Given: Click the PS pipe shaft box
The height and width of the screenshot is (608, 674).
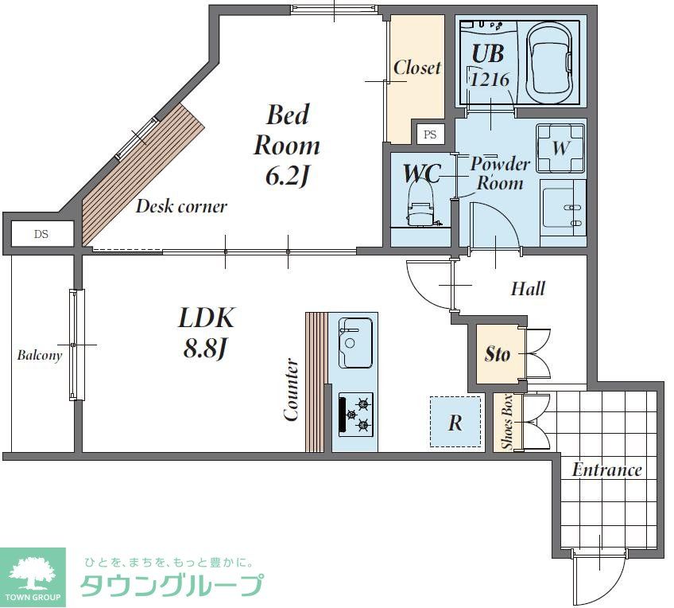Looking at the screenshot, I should tap(430, 134).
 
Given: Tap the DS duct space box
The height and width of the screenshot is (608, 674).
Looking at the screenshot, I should tap(41, 234).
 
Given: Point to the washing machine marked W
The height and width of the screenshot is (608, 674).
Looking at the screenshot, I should tap(560, 148).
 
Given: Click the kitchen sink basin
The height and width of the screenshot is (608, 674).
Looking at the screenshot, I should tap(355, 342).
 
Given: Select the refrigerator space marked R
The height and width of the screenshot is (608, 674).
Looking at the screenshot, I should tap(455, 423).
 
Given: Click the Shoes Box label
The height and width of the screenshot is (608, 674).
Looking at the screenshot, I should tap(507, 423).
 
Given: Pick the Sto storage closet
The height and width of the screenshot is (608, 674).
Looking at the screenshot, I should tap(499, 353).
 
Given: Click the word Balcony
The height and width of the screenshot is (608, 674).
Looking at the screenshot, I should tap(40, 356).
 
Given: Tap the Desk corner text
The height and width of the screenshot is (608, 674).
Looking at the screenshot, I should tap(181, 207).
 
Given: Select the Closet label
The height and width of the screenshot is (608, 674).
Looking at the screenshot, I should tap(416, 68).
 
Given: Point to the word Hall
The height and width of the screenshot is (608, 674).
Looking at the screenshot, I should tap(528, 288).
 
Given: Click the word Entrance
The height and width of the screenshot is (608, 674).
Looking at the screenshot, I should tap(607, 470).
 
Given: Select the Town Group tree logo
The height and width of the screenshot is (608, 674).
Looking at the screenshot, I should tap(33, 571).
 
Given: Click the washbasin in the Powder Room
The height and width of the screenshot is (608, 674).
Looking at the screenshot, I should tap(563, 209).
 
